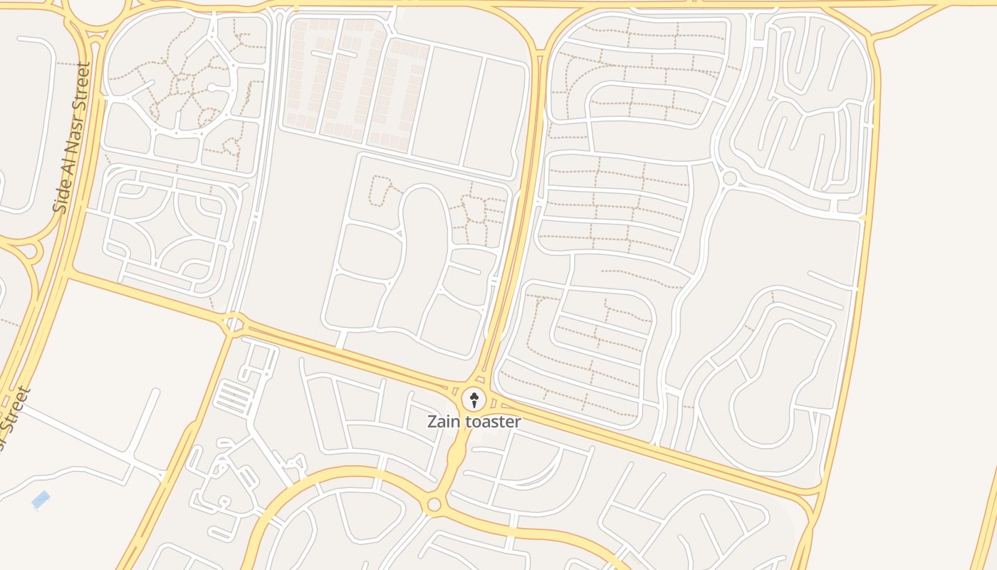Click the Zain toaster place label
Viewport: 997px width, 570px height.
(x=474, y=421)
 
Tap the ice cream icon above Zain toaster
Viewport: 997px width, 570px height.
(x=474, y=399)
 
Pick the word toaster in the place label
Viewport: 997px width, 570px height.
(x=492, y=421)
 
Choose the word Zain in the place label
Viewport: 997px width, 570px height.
(x=444, y=421)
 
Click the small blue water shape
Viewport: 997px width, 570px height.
(x=41, y=500)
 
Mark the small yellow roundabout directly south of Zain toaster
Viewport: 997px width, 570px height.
(x=434, y=504)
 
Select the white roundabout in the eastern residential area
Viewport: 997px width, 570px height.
(x=729, y=177)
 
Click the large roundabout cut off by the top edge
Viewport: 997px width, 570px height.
(x=96, y=10)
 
